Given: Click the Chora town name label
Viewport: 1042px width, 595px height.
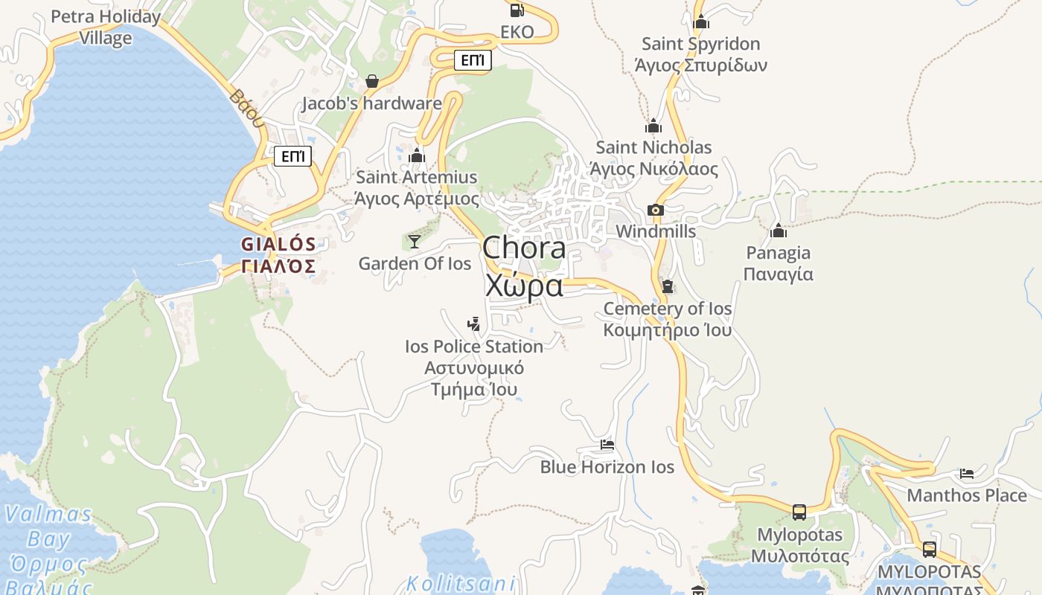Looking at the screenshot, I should coord(524,266).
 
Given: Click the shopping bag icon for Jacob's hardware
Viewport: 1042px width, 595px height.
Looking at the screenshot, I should coord(372,80).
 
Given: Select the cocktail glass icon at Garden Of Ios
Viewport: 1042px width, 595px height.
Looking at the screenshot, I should coord(415,241).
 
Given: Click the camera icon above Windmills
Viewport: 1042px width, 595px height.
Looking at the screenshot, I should coord(656,210).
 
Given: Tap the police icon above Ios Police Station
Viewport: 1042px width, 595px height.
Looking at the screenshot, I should coord(473,324).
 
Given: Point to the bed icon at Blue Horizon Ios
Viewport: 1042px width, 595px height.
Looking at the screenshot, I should coord(607,445).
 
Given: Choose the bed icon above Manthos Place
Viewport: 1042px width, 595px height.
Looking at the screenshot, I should coord(966,473).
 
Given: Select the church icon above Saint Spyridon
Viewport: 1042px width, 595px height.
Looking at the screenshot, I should coord(700,22).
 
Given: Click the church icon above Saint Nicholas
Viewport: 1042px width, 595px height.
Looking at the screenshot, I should coord(653,126).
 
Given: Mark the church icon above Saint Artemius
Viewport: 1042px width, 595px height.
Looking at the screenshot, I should coord(417,155).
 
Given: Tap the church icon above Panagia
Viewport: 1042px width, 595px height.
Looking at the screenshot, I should coord(779,231).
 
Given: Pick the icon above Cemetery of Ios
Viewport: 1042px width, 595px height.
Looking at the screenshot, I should coord(667,286).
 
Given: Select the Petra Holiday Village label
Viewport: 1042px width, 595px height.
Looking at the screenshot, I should coord(106,27).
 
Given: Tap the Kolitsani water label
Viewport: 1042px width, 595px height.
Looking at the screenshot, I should coord(461,583).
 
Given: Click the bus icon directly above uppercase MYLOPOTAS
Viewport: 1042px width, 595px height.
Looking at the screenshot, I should coord(930,550).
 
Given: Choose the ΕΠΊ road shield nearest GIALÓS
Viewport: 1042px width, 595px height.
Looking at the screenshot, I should coord(293,156).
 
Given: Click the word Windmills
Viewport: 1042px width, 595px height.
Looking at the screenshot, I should coord(656,231).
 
